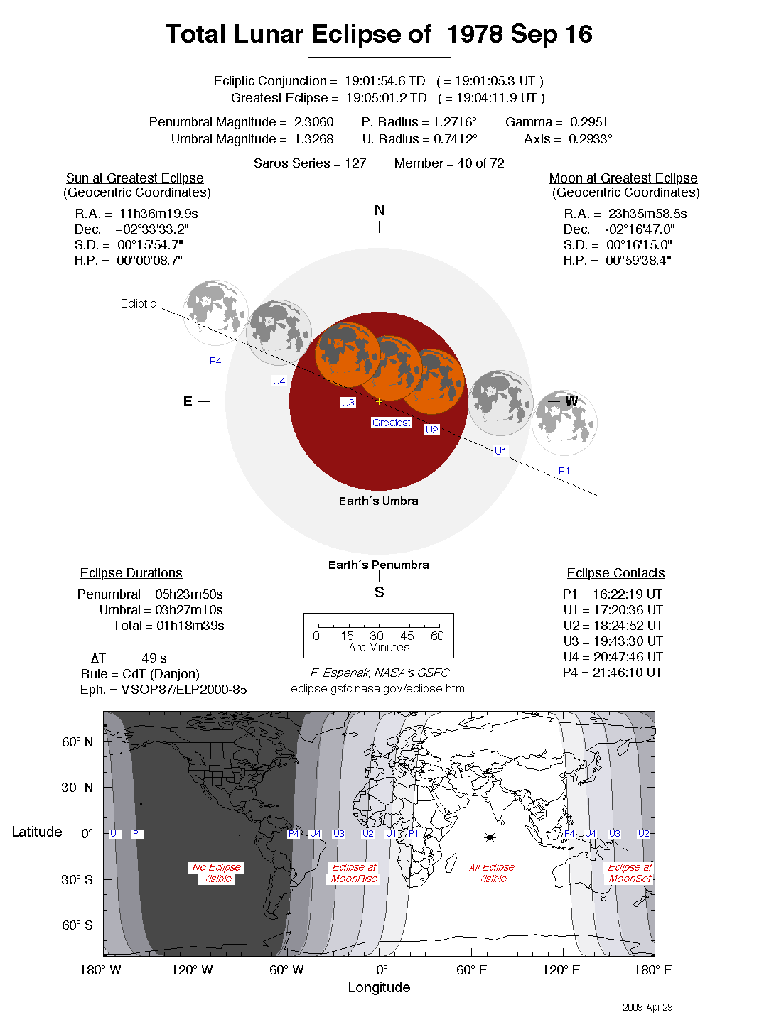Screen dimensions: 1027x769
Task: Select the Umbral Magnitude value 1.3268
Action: coord(313,139)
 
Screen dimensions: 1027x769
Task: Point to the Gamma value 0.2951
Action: coord(588,122)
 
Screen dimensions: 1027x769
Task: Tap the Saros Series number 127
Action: coord(355,163)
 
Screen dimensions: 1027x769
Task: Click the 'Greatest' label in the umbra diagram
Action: coord(391,423)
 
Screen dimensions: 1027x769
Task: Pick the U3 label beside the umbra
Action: coord(348,403)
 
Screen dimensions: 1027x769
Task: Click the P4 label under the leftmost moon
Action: coord(215,361)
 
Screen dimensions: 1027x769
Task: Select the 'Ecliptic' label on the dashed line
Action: coord(138,303)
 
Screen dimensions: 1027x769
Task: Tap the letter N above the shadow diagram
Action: coord(379,210)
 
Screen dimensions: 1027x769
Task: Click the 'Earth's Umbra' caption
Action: coord(378,501)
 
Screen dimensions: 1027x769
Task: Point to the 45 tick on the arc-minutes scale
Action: coord(407,636)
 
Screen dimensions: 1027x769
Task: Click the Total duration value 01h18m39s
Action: coord(190,626)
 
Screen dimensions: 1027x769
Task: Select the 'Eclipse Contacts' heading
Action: coord(615,573)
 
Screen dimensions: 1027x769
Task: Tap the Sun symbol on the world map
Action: coord(490,838)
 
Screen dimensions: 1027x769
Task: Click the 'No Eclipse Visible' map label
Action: coord(217,873)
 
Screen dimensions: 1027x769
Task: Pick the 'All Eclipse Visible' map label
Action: coord(492,873)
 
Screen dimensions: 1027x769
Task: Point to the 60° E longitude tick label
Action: coord(471,970)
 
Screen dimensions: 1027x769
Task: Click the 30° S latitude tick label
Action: coord(77,879)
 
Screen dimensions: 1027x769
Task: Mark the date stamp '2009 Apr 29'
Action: coord(647,1007)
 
